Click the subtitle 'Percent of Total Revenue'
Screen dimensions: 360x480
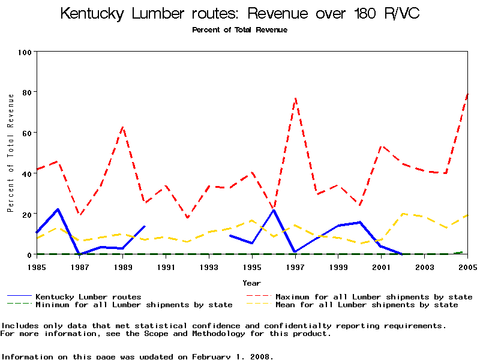point(239,29)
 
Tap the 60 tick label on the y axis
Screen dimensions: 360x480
point(25,133)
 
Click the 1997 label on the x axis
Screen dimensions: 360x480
point(295,266)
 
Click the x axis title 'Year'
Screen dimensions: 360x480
point(251,283)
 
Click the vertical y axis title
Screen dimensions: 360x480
point(10,153)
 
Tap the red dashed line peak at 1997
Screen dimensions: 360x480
point(295,98)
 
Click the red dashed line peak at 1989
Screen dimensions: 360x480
point(123,127)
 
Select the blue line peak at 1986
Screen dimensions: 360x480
point(58,209)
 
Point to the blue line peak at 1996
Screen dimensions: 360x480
point(274,209)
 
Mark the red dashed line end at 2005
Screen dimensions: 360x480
point(467,94)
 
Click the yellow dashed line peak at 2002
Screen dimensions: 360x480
point(403,214)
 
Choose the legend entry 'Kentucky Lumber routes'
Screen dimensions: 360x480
point(88,296)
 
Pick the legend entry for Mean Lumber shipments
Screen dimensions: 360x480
point(366,305)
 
